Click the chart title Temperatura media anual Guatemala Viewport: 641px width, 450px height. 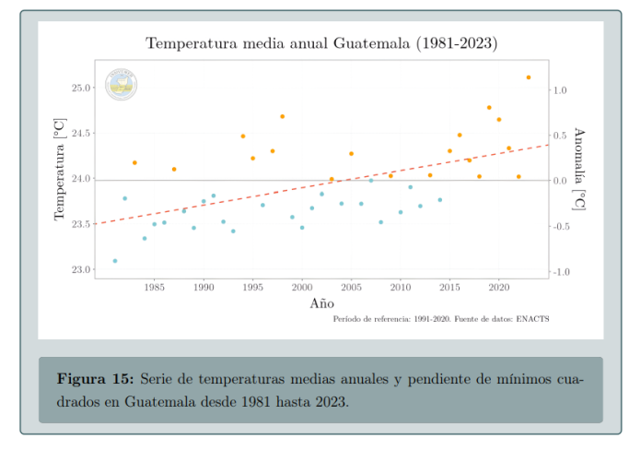click(x=321, y=43)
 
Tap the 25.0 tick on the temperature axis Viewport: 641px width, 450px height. click(x=81, y=88)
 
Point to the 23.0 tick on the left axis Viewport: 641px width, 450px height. click(x=81, y=270)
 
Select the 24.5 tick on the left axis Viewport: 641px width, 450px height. click(x=81, y=134)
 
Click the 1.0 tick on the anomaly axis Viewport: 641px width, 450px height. click(x=562, y=90)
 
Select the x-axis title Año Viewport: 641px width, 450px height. click(x=321, y=302)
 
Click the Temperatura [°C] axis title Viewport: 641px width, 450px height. click(x=60, y=169)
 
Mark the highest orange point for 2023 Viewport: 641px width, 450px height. click(x=529, y=77)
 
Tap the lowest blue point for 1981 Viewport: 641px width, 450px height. click(x=115, y=261)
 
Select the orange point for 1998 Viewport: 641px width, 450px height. click(x=282, y=116)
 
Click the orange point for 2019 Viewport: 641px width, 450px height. click(x=489, y=108)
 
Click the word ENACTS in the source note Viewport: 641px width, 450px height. click(x=531, y=318)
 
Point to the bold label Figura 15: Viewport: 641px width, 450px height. click(x=95, y=380)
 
